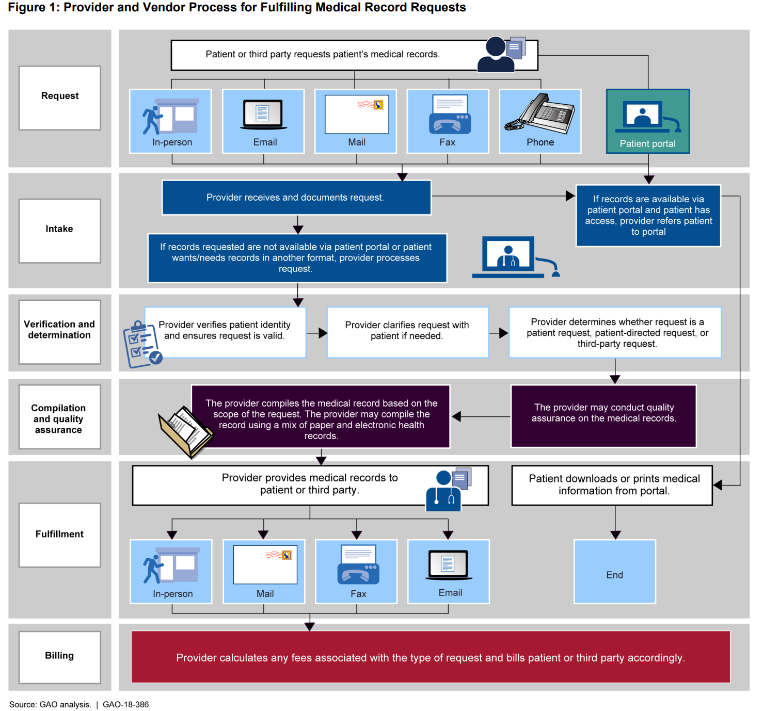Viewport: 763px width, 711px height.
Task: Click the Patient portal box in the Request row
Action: pyautogui.click(x=648, y=121)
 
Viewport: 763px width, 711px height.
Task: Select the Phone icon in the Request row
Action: pyautogui.click(x=540, y=115)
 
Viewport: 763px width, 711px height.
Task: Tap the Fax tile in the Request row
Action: pyautogui.click(x=448, y=121)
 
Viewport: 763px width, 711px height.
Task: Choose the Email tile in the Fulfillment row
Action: pyautogui.click(x=448, y=571)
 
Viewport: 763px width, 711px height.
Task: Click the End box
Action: pyautogui.click(x=614, y=572)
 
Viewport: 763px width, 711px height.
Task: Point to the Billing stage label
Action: pyautogui.click(x=59, y=656)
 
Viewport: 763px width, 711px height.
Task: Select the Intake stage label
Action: pyautogui.click(x=59, y=229)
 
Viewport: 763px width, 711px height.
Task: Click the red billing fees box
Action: pyautogui.click(x=431, y=657)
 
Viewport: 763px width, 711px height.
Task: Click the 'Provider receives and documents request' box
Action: pyautogui.click(x=296, y=198)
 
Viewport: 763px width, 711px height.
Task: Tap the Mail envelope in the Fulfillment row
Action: pyautogui.click(x=265, y=564)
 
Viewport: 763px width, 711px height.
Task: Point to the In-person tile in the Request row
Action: pyautogui.click(x=170, y=121)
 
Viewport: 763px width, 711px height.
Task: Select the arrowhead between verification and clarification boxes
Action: pyautogui.click(x=323, y=333)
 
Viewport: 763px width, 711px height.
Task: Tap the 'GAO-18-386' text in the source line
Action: pyautogui.click(x=125, y=704)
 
